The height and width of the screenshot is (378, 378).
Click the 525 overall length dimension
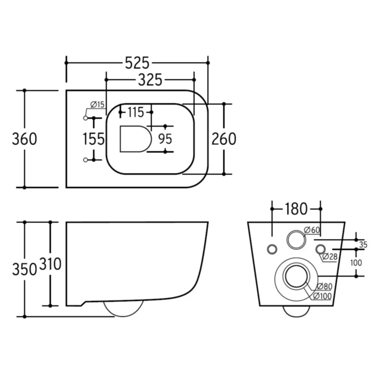click(137, 63)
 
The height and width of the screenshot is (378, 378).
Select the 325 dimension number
click(150, 80)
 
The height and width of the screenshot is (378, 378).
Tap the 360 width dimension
click(25, 139)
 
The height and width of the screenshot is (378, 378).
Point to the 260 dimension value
click(224, 139)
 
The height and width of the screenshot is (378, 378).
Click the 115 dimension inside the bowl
click(135, 112)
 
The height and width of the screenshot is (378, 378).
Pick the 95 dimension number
click(165, 139)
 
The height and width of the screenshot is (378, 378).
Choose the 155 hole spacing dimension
click(93, 139)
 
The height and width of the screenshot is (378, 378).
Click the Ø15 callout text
click(97, 105)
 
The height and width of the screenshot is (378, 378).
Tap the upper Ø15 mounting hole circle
click(85, 118)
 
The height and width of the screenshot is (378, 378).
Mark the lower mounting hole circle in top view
click(85, 160)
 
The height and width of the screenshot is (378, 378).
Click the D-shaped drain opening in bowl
click(135, 139)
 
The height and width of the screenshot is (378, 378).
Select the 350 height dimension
click(25, 269)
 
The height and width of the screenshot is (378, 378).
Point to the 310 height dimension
click(50, 264)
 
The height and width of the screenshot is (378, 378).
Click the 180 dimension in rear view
click(296, 209)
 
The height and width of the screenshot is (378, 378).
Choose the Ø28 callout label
click(330, 256)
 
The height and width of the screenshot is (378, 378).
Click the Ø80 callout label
click(324, 286)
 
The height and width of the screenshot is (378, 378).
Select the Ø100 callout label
click(322, 296)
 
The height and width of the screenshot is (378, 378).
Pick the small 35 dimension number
click(363, 244)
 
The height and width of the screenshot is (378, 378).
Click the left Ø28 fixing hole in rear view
click(272, 249)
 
